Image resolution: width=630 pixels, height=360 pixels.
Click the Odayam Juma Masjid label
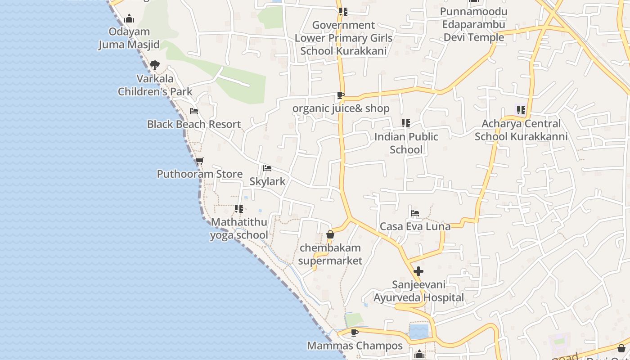[129, 38]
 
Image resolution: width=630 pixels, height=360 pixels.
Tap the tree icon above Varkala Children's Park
[155, 65]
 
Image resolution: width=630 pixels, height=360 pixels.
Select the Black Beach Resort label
[194, 124]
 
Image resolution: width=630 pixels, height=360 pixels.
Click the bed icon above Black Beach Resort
[194, 111]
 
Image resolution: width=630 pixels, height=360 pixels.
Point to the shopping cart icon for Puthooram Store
[200, 161]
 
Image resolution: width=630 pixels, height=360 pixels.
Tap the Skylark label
[267, 181]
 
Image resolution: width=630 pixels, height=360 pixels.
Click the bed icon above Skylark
[267, 168]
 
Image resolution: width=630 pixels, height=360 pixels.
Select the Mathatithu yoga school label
[239, 229]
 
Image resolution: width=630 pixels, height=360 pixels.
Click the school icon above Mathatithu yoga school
[239, 209]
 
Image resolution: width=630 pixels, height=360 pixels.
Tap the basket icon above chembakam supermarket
[330, 234]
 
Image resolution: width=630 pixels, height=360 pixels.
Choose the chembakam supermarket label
[330, 254]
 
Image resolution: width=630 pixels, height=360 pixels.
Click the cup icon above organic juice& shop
[341, 95]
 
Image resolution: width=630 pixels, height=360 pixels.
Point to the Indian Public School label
[406, 143]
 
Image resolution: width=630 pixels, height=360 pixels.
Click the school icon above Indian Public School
[406, 123]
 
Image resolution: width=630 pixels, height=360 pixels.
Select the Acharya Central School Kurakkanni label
[521, 130]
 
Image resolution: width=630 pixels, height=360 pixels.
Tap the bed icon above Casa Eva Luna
[415, 213]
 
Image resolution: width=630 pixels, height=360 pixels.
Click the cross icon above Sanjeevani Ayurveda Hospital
[418, 271]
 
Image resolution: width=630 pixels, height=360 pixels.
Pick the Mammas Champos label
[355, 346]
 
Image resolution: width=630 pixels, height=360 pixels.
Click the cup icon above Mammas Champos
[355, 333]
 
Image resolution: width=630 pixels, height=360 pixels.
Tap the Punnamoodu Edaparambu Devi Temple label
[474, 24]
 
